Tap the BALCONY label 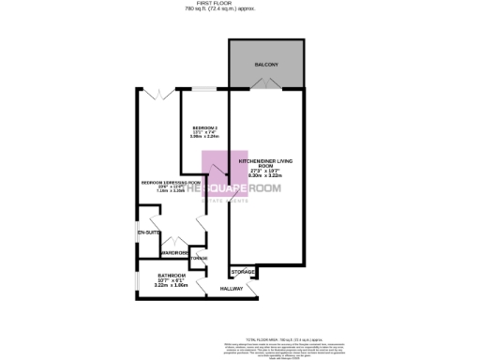tap(266, 65)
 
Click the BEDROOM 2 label tap(205, 127)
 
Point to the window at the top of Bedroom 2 tap(204, 89)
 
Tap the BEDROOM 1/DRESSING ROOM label tap(170, 182)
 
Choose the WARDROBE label tap(175, 253)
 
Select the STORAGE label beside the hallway tap(243, 271)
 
